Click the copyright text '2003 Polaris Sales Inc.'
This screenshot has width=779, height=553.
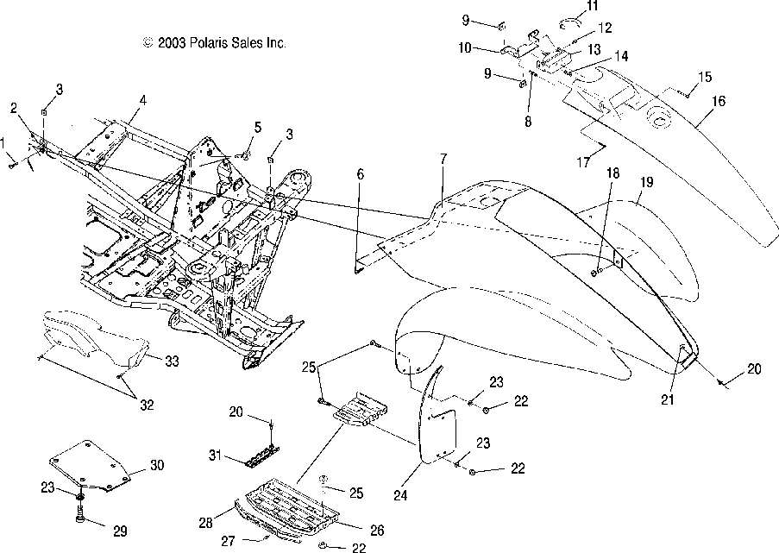[x=222, y=43]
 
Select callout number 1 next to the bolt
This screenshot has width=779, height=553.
[x=3, y=145]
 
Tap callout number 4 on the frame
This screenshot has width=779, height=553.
[x=143, y=100]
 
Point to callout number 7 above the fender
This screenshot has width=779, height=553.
[x=443, y=159]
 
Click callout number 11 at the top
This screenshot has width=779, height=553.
[x=592, y=6]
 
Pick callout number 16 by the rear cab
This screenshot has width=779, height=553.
[x=719, y=101]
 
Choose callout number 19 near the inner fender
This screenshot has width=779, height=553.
[x=646, y=182]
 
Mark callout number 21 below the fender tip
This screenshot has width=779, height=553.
[x=667, y=399]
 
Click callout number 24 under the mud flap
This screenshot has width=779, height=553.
[x=400, y=495]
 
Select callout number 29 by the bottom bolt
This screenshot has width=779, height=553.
[x=120, y=531]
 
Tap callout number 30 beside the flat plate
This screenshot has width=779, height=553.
[x=156, y=466]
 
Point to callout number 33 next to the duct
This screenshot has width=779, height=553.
[x=172, y=361]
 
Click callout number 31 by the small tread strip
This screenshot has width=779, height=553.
[x=215, y=455]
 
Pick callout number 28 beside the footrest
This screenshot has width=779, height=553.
[x=205, y=523]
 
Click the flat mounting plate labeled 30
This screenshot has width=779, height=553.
[x=90, y=467]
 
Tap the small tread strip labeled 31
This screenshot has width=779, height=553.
[x=262, y=456]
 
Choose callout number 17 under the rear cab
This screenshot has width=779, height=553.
[x=583, y=162]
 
